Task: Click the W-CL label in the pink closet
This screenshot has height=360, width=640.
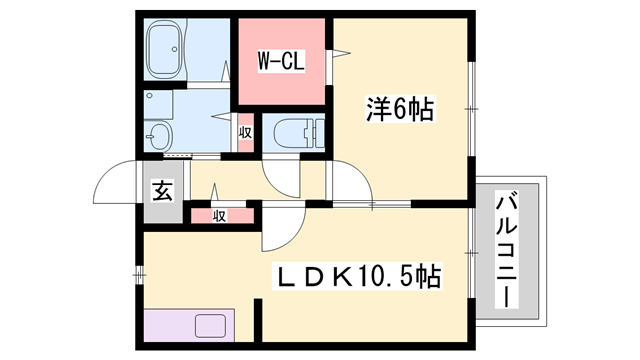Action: coord(281,60)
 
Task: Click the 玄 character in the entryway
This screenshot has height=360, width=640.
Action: coord(162,189)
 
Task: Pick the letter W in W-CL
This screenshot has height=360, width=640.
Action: coord(266,60)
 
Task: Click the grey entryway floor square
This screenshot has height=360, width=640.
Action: coord(162,190)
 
